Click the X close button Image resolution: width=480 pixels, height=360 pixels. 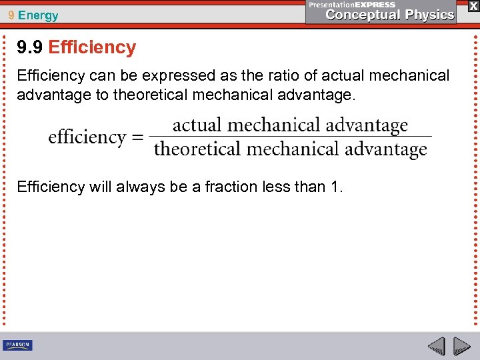tap(473, 5)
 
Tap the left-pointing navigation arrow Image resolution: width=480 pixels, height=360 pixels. tap(436, 346)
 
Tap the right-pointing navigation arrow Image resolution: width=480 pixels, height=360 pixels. tap(461, 346)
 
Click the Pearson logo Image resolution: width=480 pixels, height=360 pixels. tap(17, 345)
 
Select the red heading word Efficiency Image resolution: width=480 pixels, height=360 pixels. tap(92, 47)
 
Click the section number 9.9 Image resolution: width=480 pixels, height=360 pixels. tap(30, 47)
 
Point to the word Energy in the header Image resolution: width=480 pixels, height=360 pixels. tap(38, 15)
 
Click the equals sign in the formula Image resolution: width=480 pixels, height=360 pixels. tap(137, 137)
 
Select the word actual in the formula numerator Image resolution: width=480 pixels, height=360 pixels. tap(197, 125)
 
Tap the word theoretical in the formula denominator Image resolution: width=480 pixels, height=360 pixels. tap(198, 149)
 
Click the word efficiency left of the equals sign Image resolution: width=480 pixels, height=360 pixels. tap(87, 137)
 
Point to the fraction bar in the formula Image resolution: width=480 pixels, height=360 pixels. tap(290, 137)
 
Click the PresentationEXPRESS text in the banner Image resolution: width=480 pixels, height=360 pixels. tap(352, 4)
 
